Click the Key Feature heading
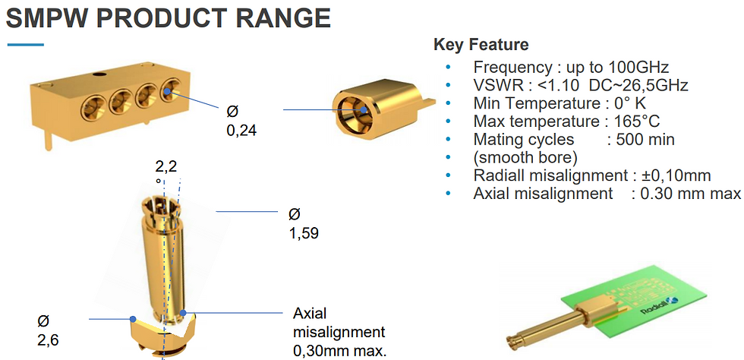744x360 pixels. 481,45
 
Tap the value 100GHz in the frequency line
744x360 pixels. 638,67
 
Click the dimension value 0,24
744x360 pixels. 241,130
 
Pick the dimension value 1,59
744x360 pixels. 304,233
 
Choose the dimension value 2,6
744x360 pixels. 48,340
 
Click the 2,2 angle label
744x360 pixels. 166,166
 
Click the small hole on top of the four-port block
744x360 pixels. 99,74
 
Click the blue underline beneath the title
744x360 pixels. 25,45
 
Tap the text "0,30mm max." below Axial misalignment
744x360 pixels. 340,351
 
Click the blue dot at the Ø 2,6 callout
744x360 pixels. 134,319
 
